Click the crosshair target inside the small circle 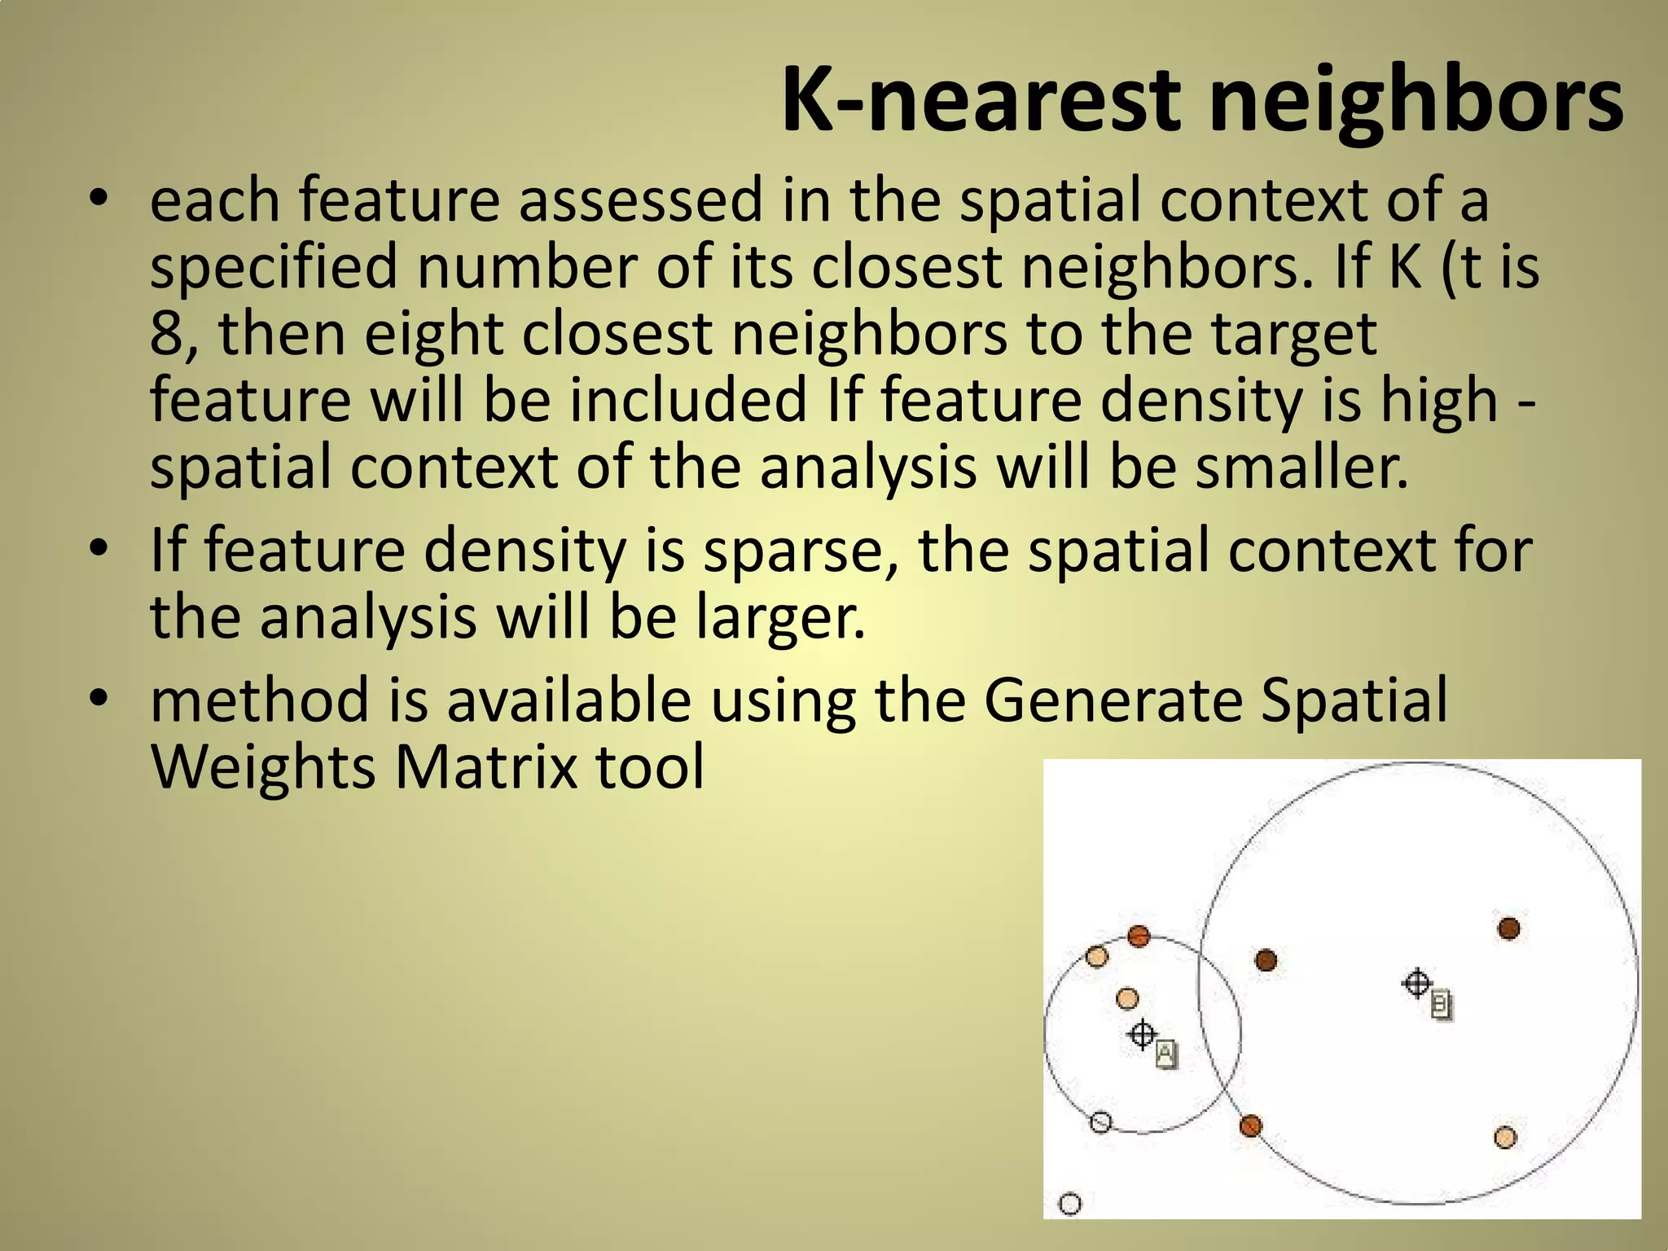[1142, 1034]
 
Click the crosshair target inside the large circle [1417, 983]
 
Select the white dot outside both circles [1070, 1205]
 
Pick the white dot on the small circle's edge [1100, 1122]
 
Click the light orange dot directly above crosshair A [1126, 999]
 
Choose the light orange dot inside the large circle [1505, 1137]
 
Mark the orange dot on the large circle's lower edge [1250, 1126]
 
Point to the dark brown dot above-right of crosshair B [1508, 928]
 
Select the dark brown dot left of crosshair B [1266, 961]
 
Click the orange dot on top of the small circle [1139, 937]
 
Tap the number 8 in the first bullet [165, 334]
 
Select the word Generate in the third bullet [1113, 700]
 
